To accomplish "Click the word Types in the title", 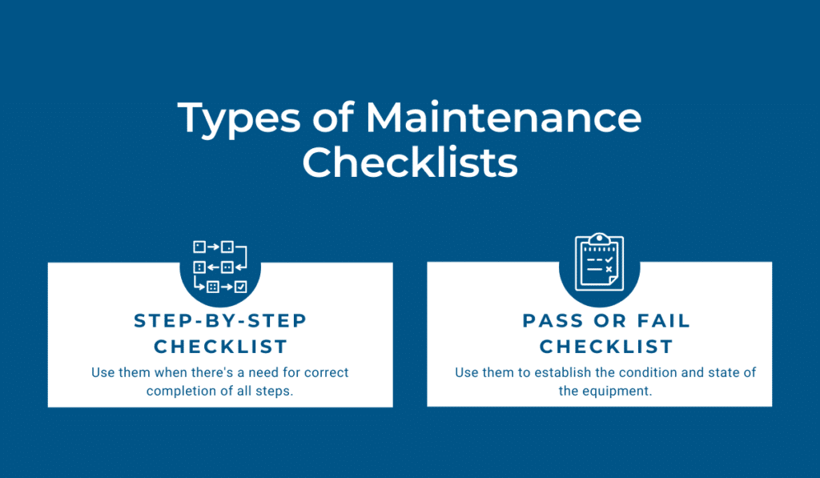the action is tap(239, 119).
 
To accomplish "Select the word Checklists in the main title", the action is tap(410, 162).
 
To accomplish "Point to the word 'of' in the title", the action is tap(334, 117).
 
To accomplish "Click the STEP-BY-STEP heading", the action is tap(220, 320).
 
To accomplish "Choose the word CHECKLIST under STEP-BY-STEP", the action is tap(221, 346).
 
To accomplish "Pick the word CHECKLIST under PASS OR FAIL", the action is tap(606, 346).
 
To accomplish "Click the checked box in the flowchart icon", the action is tap(240, 287).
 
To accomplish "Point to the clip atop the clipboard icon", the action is tap(599, 239).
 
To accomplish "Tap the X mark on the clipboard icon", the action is tap(609, 269).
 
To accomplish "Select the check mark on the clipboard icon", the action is tap(609, 259).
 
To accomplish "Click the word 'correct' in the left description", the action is tap(327, 372).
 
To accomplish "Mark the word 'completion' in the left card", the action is tap(173, 392).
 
